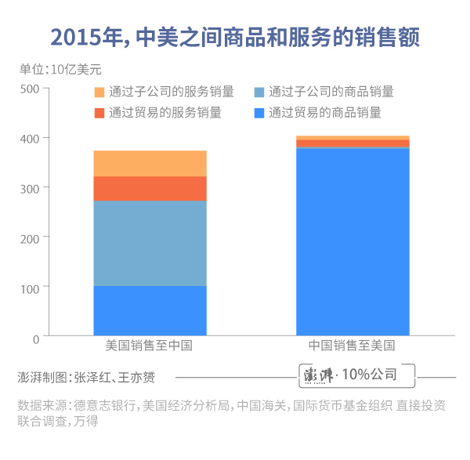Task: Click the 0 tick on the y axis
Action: point(35,338)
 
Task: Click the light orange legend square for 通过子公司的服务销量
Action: point(99,92)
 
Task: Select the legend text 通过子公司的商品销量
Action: point(331,92)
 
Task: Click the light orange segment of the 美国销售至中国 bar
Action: point(150,163)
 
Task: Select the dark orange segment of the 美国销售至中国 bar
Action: point(150,188)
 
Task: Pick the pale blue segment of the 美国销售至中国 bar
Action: point(150,243)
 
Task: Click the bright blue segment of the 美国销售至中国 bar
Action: point(150,310)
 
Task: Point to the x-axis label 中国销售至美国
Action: point(352,346)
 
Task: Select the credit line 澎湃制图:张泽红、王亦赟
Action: point(86,377)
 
